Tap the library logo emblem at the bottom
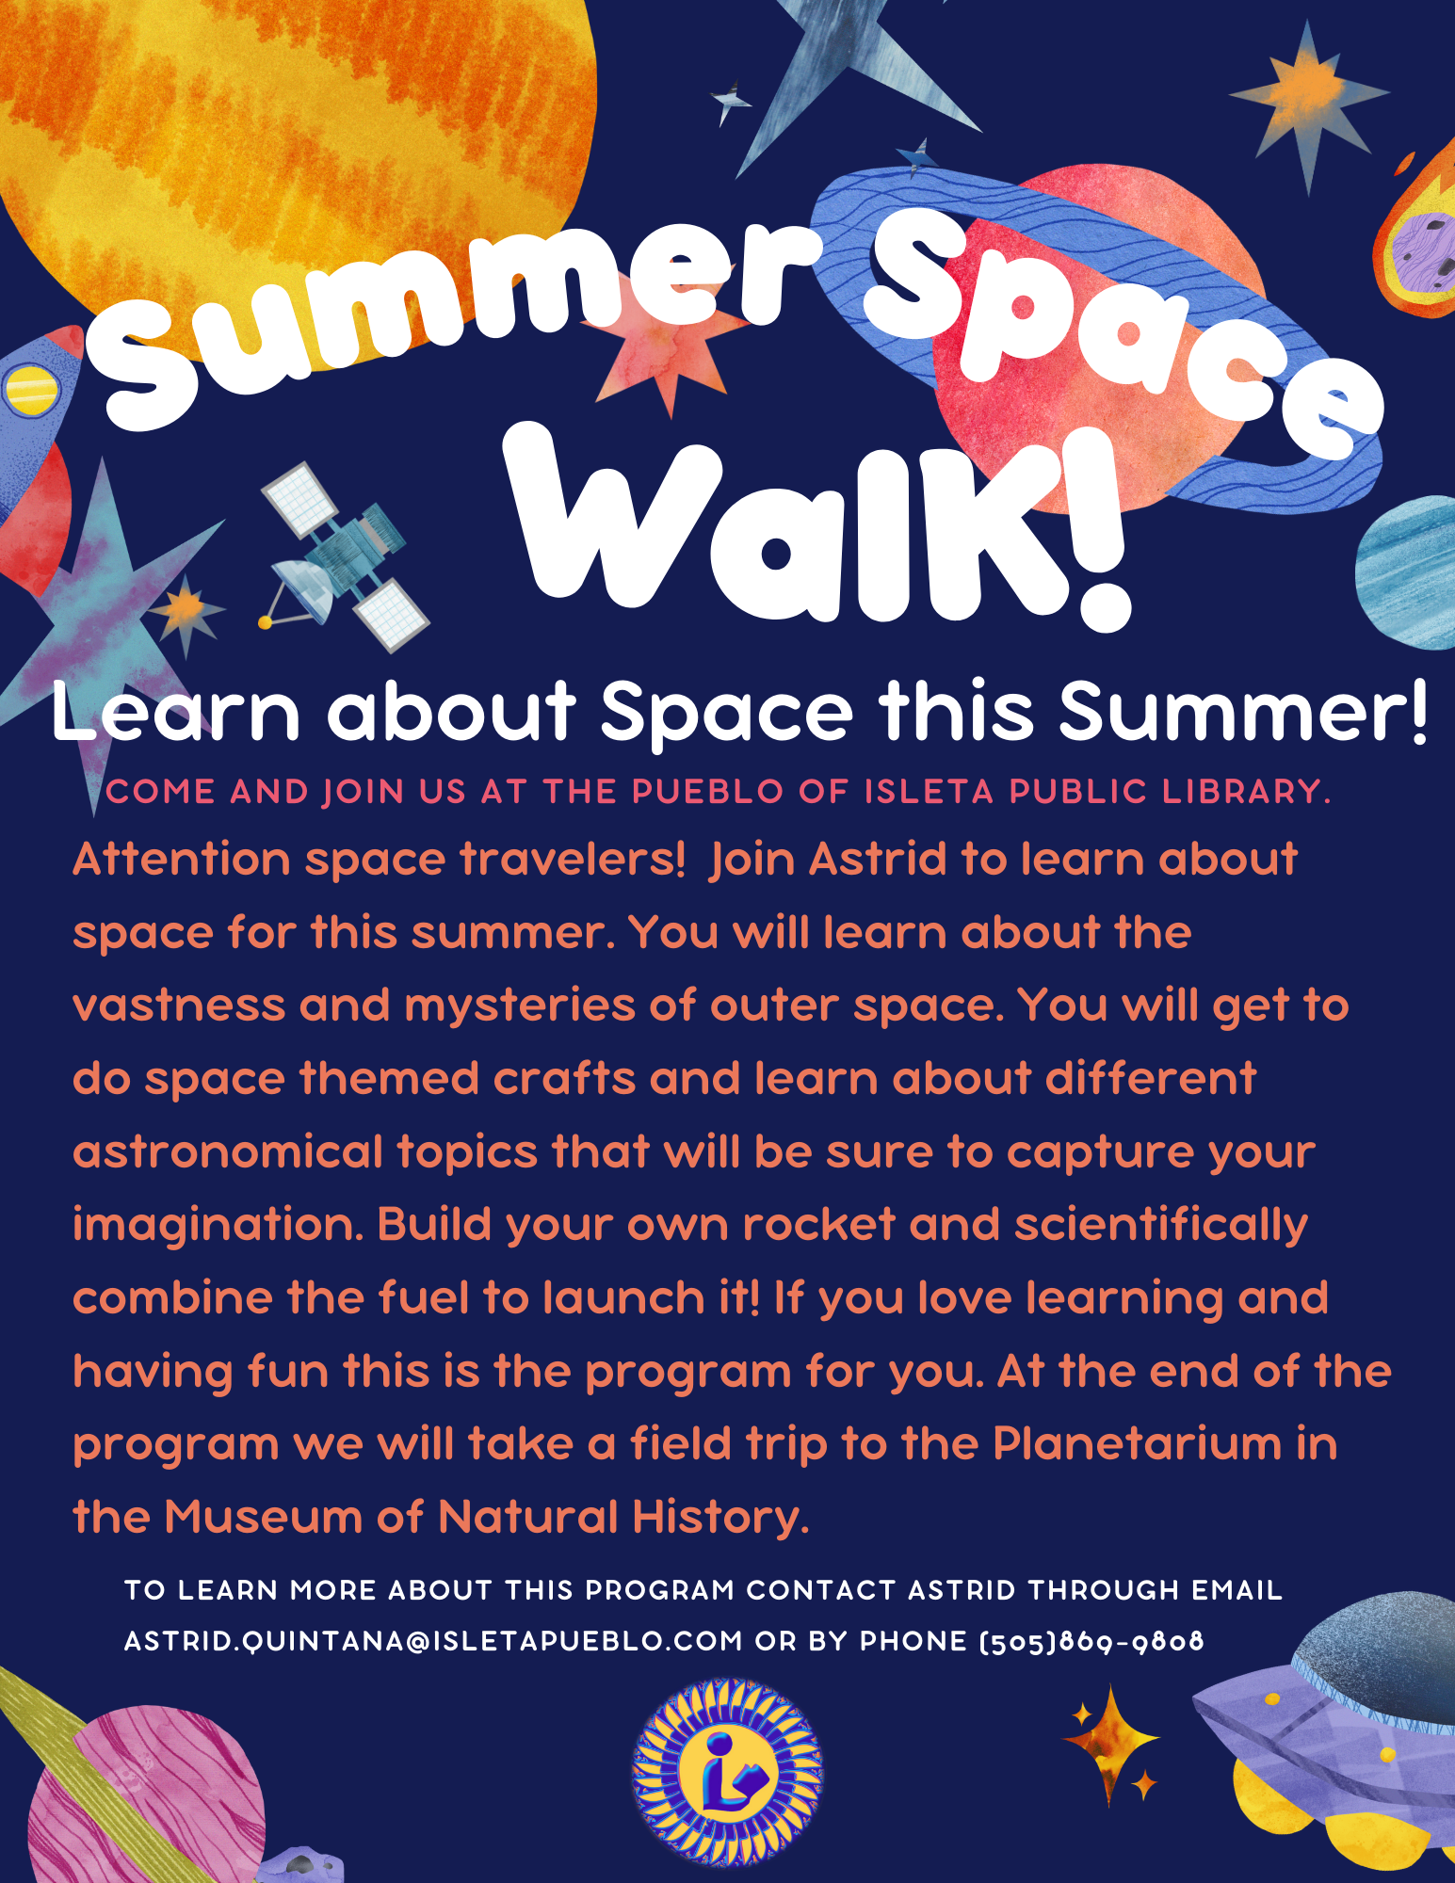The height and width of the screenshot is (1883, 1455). (727, 1771)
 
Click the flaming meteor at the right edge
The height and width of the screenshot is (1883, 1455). (1417, 235)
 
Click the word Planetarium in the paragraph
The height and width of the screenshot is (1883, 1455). (1137, 1443)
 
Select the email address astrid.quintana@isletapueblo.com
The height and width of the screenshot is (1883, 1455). (433, 1641)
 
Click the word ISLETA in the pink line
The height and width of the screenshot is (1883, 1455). (929, 792)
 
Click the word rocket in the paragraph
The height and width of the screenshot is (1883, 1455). (819, 1225)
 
